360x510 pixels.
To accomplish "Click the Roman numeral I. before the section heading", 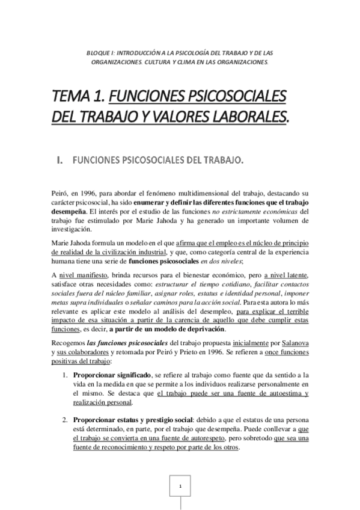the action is tap(59, 161).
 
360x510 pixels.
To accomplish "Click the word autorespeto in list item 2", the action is tap(202, 439).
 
